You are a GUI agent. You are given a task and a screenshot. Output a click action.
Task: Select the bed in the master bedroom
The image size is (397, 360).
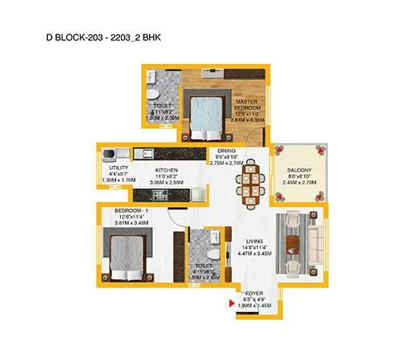pyautogui.click(x=201, y=116)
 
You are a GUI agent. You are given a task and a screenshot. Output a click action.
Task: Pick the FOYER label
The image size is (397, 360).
pyautogui.click(x=253, y=292)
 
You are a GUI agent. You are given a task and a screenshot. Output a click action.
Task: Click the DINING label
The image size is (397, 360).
pyautogui.click(x=226, y=151)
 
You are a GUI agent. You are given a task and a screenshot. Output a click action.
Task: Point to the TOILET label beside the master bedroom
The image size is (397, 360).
pyautogui.click(x=163, y=106)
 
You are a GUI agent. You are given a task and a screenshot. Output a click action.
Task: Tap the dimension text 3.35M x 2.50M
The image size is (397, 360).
pyautogui.click(x=167, y=183)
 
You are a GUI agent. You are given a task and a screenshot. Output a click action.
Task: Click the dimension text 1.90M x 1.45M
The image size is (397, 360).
pyautogui.click(x=253, y=305)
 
